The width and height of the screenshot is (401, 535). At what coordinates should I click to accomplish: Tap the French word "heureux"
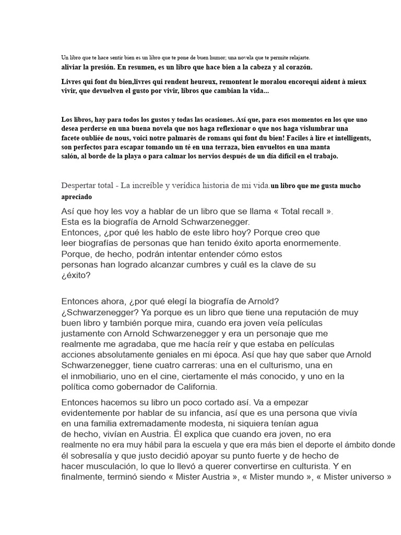[x=201, y=82]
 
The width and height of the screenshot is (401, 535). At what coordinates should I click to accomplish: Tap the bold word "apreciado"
[x=76, y=197]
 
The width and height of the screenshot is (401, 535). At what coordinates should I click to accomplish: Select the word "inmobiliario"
[x=98, y=376]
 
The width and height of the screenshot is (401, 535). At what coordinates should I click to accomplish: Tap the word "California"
[x=190, y=387]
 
